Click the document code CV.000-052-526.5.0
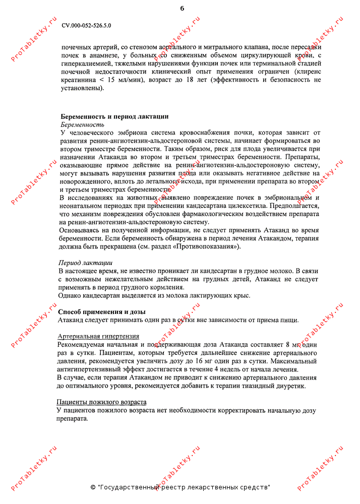tap(86, 25)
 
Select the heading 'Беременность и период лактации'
tap(114, 116)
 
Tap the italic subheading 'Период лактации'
tap(85, 263)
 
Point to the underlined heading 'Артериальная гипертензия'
tap(98, 336)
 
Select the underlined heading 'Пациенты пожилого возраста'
tap(102, 402)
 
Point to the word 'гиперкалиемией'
tap(85, 64)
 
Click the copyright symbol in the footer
tap(93, 487)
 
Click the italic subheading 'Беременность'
tap(83, 124)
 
